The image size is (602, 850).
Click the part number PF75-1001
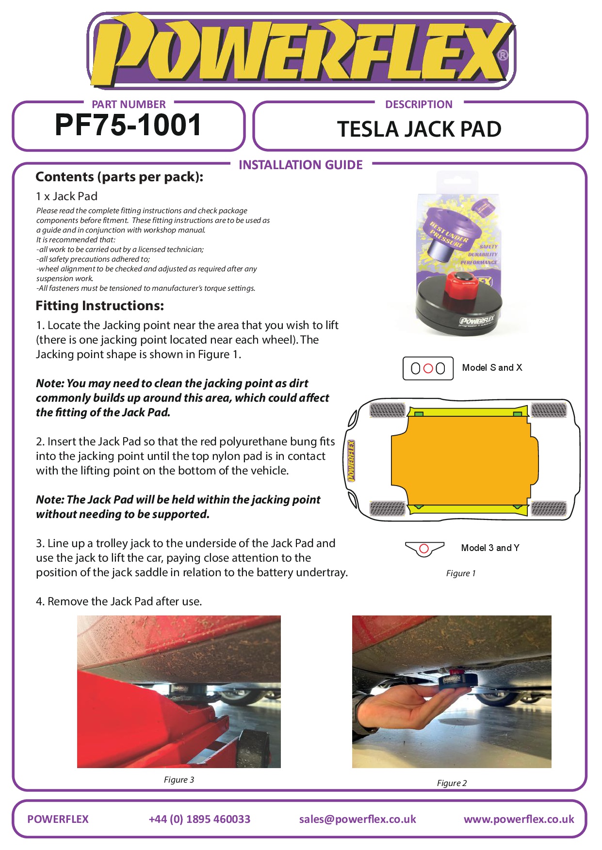[x=128, y=125]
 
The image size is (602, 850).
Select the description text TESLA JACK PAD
[x=419, y=129]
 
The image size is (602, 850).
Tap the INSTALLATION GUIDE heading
[x=300, y=165]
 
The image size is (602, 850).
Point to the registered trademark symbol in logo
[x=503, y=55]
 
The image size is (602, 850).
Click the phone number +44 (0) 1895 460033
[x=199, y=819]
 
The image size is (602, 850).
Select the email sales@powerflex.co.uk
[x=358, y=819]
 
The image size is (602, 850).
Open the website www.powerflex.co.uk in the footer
[x=519, y=819]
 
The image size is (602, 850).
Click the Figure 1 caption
[x=460, y=573]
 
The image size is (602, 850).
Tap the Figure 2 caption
[x=452, y=783]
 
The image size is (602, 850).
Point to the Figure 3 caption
[x=179, y=780]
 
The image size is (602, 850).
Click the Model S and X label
[x=492, y=367]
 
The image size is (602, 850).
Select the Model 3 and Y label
[x=490, y=548]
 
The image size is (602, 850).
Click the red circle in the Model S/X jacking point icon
[x=428, y=368]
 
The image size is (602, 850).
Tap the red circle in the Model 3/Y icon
[x=424, y=549]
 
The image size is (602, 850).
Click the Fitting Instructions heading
[x=100, y=306]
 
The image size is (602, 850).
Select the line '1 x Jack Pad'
[x=66, y=196]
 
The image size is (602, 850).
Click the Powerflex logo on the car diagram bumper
[x=351, y=461]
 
